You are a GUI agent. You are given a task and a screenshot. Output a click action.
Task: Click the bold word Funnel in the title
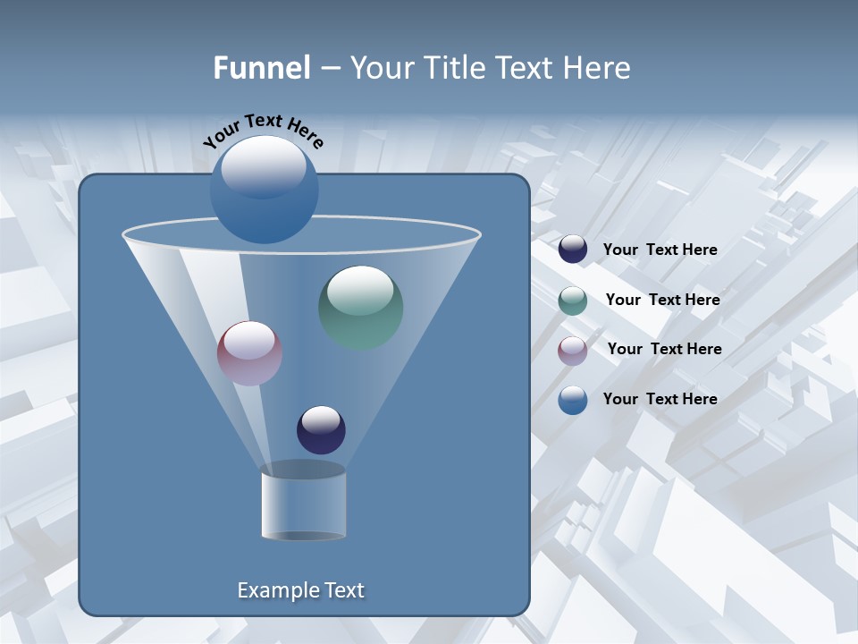(261, 68)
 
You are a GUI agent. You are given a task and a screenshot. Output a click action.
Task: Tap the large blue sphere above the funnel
(264, 190)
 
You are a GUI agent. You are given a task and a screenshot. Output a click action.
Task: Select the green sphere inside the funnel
(360, 308)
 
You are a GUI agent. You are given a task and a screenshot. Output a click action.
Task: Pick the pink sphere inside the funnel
(249, 353)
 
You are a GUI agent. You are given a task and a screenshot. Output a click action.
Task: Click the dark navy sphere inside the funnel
(321, 430)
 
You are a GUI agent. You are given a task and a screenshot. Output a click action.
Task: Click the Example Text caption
(300, 590)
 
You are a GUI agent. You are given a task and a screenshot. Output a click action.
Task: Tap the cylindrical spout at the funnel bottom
(303, 503)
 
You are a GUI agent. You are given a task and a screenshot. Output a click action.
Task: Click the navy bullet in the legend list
(573, 250)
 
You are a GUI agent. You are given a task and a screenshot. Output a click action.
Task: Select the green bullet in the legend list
(573, 300)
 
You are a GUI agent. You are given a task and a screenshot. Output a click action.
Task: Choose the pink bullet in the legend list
(573, 350)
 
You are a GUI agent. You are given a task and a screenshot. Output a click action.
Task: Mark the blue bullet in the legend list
(573, 400)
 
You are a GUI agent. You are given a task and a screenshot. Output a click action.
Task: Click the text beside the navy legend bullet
(660, 250)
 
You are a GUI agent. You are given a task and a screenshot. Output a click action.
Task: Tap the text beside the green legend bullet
(662, 301)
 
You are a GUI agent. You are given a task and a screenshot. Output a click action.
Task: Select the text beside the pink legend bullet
(664, 350)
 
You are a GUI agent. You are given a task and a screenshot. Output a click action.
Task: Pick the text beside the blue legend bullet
(660, 399)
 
